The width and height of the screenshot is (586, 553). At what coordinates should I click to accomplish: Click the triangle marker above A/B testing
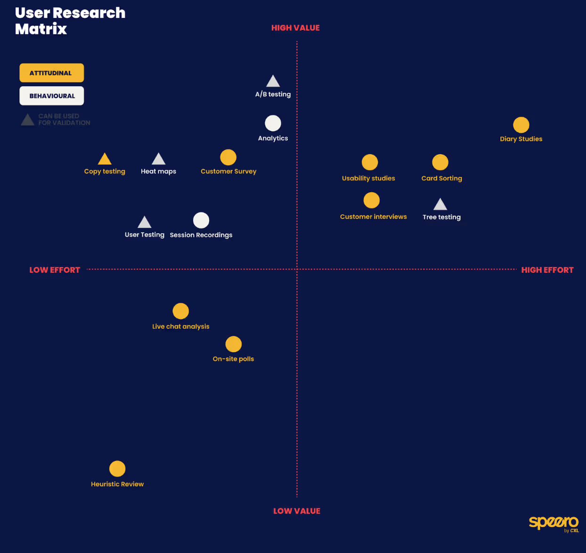(x=273, y=82)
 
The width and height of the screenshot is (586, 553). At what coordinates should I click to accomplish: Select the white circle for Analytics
(x=273, y=123)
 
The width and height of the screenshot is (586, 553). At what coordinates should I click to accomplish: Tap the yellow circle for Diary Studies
(x=521, y=125)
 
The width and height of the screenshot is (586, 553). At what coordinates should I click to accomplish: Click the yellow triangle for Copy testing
(x=105, y=160)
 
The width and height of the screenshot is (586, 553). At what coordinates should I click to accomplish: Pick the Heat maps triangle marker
(x=158, y=160)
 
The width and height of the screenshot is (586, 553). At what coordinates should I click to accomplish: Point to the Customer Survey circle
(x=228, y=157)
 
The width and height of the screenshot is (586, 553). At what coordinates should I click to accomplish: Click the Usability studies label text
(x=368, y=179)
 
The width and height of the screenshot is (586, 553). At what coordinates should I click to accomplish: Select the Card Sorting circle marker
(x=440, y=162)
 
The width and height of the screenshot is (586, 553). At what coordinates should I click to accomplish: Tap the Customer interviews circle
(x=372, y=200)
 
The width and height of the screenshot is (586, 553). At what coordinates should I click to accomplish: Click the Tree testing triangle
(x=440, y=205)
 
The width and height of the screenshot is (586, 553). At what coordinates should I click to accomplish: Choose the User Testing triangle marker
(x=145, y=223)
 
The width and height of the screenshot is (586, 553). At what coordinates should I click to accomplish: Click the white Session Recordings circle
(x=201, y=220)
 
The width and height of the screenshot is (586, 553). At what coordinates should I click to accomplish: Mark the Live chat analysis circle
(x=180, y=311)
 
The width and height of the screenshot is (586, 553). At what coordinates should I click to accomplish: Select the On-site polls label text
(x=233, y=359)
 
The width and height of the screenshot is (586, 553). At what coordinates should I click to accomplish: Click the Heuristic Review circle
(x=117, y=469)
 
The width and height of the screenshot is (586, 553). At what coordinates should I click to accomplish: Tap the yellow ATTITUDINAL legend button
(x=51, y=73)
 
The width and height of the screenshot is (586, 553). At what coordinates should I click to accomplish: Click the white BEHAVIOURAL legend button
(x=51, y=96)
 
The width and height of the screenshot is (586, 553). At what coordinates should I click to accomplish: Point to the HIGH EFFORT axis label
(x=547, y=270)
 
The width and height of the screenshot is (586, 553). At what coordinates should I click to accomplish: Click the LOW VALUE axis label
(x=296, y=511)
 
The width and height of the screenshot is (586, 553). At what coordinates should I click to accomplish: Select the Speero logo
(x=553, y=522)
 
